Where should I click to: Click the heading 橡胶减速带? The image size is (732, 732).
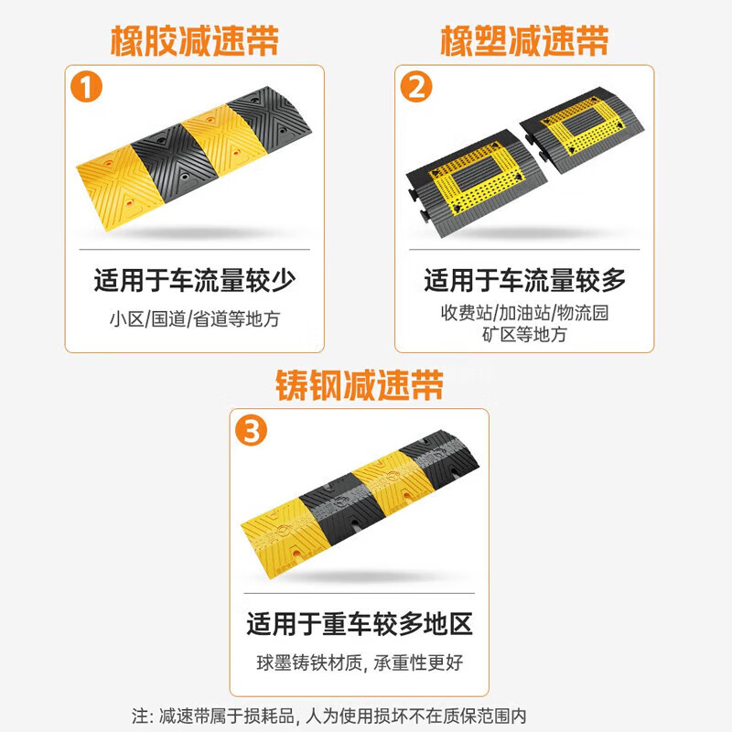click(195, 40)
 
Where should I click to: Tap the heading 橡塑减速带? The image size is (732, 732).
click(524, 40)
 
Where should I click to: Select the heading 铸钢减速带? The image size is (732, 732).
click(360, 385)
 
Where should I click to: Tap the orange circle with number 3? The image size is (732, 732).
click(253, 431)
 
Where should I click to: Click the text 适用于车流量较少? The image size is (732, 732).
click(195, 280)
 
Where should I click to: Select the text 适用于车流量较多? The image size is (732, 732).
click(524, 279)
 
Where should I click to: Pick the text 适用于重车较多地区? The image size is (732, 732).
click(360, 625)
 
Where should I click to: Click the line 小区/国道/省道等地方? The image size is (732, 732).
click(195, 319)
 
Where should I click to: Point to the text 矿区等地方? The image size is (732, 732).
click(524, 335)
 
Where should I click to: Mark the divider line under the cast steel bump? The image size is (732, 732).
click(360, 593)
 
